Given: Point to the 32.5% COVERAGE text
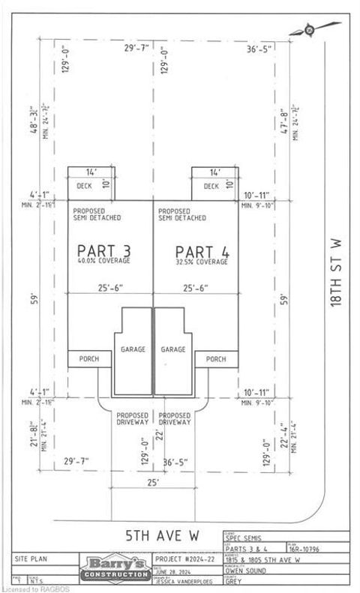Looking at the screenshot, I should (202, 262).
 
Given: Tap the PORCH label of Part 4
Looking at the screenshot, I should (216, 359).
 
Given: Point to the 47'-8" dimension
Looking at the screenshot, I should (282, 121).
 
